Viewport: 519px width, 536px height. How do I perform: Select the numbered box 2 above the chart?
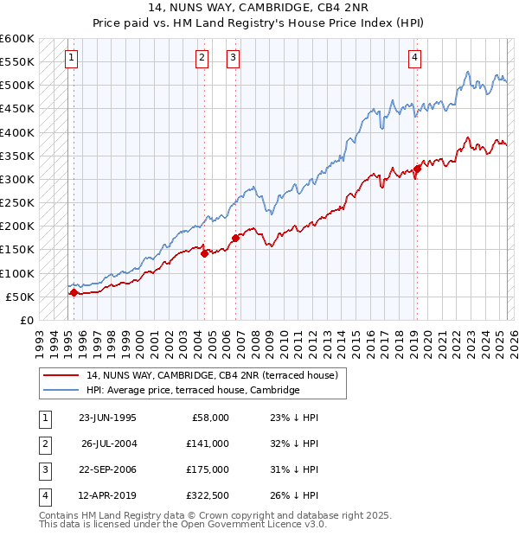point(202,58)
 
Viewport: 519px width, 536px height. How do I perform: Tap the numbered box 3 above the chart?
point(234,58)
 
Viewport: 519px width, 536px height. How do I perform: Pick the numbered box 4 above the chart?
point(415,58)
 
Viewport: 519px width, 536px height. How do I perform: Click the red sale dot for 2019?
point(417,169)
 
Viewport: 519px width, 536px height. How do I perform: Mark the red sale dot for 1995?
point(74,292)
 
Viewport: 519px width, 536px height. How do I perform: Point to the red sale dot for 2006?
point(235,238)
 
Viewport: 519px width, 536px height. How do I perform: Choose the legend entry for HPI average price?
point(193,390)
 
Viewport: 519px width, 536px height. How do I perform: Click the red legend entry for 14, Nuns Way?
point(217,375)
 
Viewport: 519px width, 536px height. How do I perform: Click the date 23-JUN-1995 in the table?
point(107,418)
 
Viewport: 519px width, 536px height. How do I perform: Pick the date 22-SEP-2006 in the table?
point(107,469)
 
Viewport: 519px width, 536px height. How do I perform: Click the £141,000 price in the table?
point(208,443)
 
